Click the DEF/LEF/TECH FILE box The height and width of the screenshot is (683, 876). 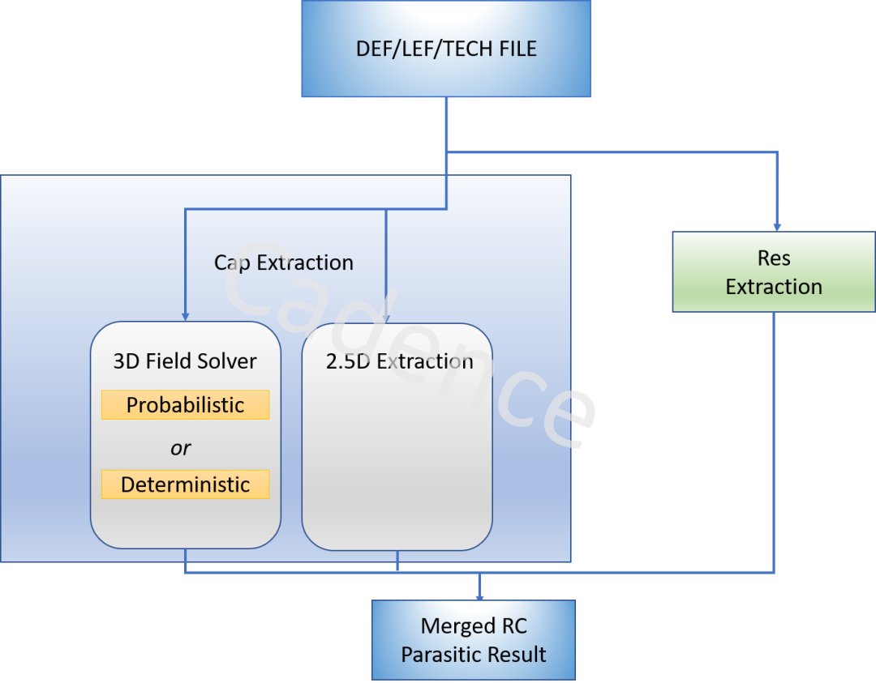click(x=446, y=49)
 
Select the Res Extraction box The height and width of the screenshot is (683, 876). click(x=773, y=272)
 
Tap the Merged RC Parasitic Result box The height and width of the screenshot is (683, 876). click(x=474, y=640)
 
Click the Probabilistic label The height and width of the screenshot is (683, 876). click(x=185, y=405)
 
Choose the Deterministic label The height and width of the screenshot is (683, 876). click(x=185, y=485)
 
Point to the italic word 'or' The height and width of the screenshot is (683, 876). click(x=181, y=448)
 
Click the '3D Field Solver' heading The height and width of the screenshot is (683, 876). click(x=185, y=361)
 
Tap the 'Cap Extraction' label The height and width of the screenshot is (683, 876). click(x=283, y=263)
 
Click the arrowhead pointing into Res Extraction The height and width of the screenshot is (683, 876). click(x=778, y=226)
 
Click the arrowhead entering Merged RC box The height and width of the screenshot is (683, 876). click(x=480, y=595)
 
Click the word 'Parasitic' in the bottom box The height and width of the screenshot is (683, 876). click(x=440, y=654)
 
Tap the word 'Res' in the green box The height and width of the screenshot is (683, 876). click(x=774, y=258)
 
